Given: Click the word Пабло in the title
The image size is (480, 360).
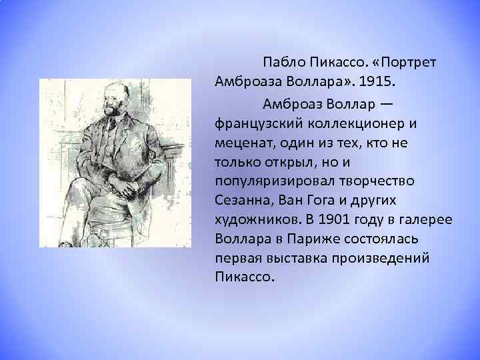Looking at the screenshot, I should (x=283, y=62).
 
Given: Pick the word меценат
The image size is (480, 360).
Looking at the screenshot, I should (x=241, y=143).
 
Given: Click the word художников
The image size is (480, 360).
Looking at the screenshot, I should (x=256, y=219).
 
